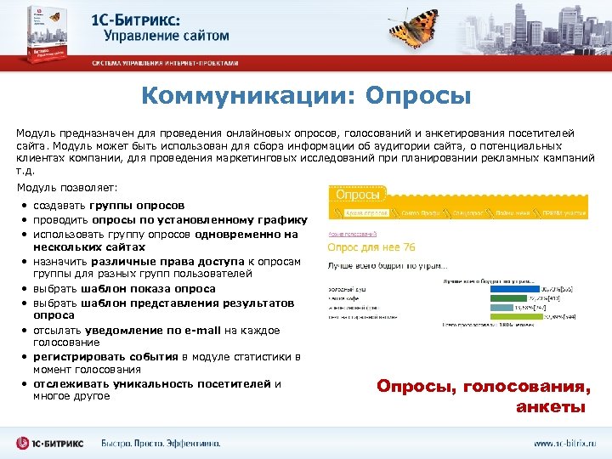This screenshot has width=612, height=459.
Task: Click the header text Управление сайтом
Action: coord(167,35)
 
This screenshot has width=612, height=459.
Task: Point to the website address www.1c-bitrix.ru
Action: coord(564,444)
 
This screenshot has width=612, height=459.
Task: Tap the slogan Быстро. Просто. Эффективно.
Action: coord(161,444)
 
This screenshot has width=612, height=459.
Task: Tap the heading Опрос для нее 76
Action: coord(371,247)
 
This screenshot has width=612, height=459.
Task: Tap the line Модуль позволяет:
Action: coord(67,186)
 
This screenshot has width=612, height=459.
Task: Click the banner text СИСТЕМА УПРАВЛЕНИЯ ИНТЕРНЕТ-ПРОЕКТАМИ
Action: coord(166,63)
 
